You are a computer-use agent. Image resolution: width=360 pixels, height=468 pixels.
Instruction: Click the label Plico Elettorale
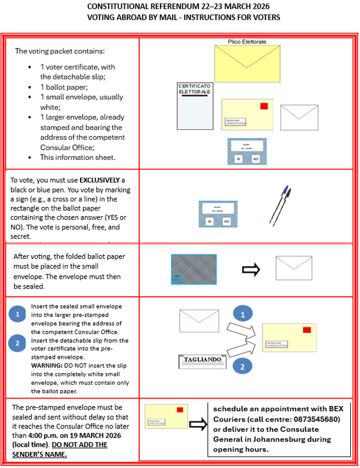[247, 42]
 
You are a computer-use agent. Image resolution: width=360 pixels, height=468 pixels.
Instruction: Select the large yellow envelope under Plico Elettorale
[247, 63]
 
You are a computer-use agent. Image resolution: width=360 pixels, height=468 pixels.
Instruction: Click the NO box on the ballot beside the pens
[227, 221]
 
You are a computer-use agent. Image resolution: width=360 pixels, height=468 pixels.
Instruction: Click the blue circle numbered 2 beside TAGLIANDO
[243, 366]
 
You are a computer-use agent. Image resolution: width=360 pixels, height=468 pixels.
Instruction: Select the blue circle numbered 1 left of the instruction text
[18, 314]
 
